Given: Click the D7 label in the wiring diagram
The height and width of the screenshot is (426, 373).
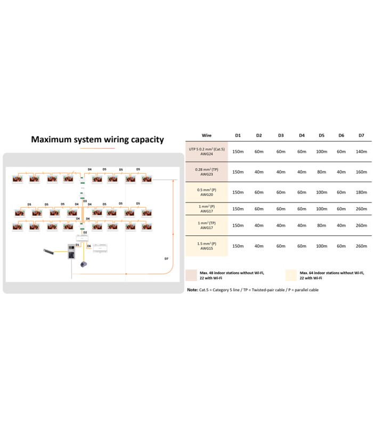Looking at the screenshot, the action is pyautogui.click(x=166, y=259).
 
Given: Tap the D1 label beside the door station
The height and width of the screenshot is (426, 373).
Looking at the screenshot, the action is pyautogui.click(x=77, y=245).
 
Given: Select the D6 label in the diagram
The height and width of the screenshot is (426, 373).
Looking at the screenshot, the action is pyautogui.click(x=89, y=246).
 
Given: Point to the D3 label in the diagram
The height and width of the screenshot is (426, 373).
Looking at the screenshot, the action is pyautogui.click(x=85, y=201).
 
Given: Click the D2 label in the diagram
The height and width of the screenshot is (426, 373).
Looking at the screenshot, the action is pyautogui.click(x=85, y=233).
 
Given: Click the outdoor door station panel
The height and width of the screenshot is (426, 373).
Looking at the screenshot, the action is pyautogui.click(x=71, y=251).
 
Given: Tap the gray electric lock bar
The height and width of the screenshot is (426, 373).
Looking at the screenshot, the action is pyautogui.click(x=48, y=252).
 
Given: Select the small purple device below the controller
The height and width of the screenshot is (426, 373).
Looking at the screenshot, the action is pyautogui.click(x=84, y=264).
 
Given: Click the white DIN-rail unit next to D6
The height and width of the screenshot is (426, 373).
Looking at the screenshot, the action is pyautogui.click(x=100, y=248).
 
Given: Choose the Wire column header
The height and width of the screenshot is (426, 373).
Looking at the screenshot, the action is pyautogui.click(x=207, y=135).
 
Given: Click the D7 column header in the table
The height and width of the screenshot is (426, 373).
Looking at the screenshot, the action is pyautogui.click(x=361, y=135).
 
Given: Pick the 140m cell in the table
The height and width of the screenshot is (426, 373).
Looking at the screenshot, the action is pyautogui.click(x=361, y=152).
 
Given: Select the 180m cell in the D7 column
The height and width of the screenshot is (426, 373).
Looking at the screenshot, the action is pyautogui.click(x=361, y=192).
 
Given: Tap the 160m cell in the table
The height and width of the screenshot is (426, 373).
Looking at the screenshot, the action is pyautogui.click(x=361, y=172).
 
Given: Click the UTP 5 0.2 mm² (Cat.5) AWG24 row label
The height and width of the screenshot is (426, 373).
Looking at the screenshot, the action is pyautogui.click(x=207, y=152).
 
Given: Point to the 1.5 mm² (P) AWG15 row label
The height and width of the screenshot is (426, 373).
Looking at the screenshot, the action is pyautogui.click(x=207, y=246).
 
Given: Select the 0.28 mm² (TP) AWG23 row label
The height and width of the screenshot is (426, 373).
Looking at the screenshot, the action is pyautogui.click(x=207, y=172).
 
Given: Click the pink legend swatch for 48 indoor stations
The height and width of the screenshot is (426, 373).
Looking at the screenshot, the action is pyautogui.click(x=191, y=275).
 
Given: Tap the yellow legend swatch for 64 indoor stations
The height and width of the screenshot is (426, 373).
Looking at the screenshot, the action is pyautogui.click(x=291, y=275).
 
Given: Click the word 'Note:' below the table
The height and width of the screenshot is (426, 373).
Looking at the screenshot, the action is pyautogui.click(x=192, y=290).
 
